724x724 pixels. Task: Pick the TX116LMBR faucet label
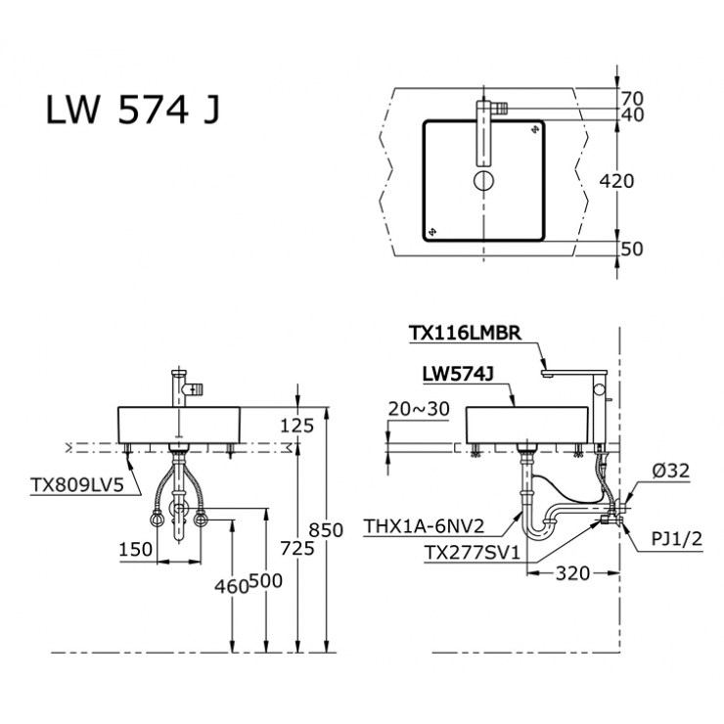point(468,333)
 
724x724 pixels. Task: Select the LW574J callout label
point(456,374)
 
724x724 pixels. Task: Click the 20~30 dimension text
point(418,409)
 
